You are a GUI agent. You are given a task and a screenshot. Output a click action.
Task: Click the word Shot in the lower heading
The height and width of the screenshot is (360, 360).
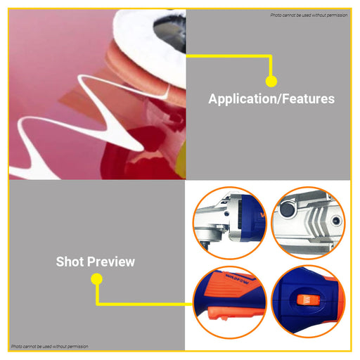[70, 262]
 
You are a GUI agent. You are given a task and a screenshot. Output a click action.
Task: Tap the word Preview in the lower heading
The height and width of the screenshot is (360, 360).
[112, 262]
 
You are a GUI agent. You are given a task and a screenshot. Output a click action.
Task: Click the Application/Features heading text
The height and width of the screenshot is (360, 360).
[271, 99]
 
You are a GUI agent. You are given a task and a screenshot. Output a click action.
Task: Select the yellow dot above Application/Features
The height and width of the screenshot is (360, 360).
[271, 81]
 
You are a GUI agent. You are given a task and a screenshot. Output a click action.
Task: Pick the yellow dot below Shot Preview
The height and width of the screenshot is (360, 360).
[96, 279]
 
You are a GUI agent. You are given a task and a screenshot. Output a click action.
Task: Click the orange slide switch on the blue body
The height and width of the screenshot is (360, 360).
[308, 300]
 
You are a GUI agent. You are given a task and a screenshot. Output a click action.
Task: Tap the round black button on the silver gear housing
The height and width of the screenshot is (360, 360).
[288, 209]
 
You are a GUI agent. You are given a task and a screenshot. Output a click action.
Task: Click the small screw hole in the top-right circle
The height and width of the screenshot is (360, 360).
[336, 220]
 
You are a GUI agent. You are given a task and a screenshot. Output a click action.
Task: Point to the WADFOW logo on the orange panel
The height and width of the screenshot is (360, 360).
[237, 278]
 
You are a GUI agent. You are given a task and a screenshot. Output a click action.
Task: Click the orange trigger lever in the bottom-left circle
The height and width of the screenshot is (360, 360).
[234, 314]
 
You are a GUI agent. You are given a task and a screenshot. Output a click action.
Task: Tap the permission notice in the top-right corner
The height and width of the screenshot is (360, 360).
[309, 15]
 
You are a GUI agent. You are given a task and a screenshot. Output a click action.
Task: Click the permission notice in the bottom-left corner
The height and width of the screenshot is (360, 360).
[50, 347]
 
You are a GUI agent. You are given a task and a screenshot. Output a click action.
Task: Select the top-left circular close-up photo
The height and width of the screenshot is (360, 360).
[230, 223]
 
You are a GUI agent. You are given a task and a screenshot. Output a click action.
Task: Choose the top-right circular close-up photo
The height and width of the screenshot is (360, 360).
[308, 223]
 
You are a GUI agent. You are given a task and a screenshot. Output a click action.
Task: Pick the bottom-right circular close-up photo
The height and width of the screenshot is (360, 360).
[308, 302]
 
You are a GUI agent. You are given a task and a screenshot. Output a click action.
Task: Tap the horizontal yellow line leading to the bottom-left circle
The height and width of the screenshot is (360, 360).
[144, 304]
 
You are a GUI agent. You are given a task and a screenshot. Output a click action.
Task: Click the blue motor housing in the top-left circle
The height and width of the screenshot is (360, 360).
[253, 219]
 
